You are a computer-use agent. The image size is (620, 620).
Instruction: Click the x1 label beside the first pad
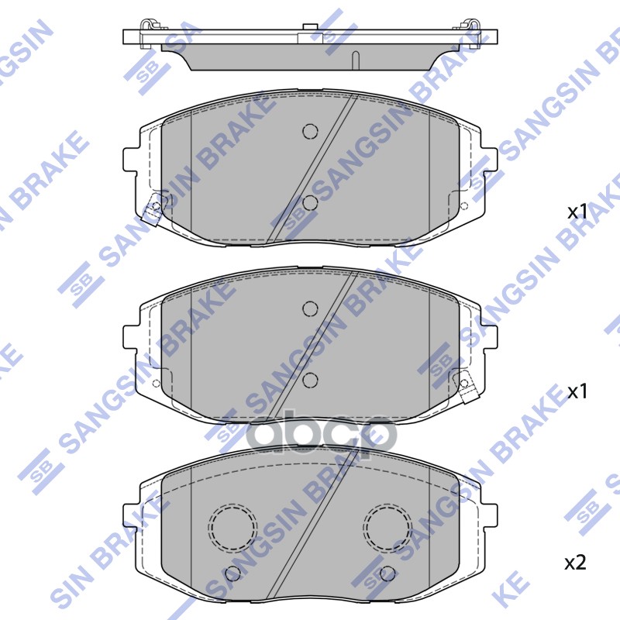click(x=577, y=211)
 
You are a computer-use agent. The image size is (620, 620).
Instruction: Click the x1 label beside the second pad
click(x=577, y=391)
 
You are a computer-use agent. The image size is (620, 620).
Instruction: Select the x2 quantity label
click(x=575, y=562)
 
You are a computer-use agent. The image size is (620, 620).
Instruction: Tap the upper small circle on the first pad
click(x=310, y=131)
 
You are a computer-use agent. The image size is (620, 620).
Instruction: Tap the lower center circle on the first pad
click(x=311, y=203)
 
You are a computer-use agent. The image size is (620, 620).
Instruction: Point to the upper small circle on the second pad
click(x=310, y=308)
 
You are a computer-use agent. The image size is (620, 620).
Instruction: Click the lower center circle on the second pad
click(x=311, y=380)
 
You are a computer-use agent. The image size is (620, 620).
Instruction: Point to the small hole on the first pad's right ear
click(x=464, y=206)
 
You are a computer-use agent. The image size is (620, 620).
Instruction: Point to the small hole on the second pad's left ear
click(x=157, y=384)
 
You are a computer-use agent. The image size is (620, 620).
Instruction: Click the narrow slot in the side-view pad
click(x=354, y=60)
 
